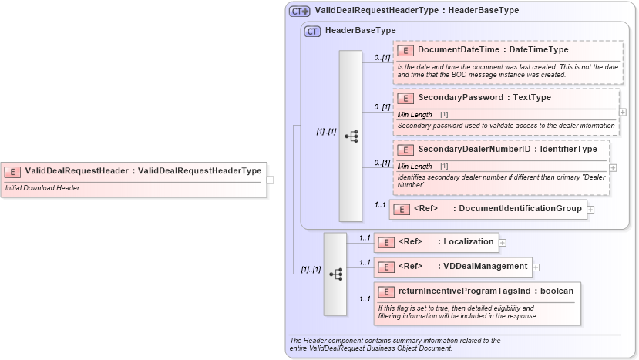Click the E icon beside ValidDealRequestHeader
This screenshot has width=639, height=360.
[x=13, y=171]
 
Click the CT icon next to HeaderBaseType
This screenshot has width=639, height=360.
[x=312, y=31]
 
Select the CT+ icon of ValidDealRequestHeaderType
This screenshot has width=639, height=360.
[x=300, y=11]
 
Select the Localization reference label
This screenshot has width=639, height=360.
[x=468, y=241]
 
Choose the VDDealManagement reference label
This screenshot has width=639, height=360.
[x=485, y=267]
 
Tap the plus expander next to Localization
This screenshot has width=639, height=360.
[x=503, y=242]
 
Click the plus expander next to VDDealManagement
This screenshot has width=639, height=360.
[x=536, y=267]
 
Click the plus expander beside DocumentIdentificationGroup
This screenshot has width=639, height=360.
[x=590, y=209]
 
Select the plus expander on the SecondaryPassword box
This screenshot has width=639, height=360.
[x=623, y=112]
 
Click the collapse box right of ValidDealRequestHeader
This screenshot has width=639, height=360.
[x=271, y=180]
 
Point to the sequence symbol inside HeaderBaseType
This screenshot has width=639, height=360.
[x=351, y=136]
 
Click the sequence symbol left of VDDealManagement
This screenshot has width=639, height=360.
[x=335, y=274]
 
